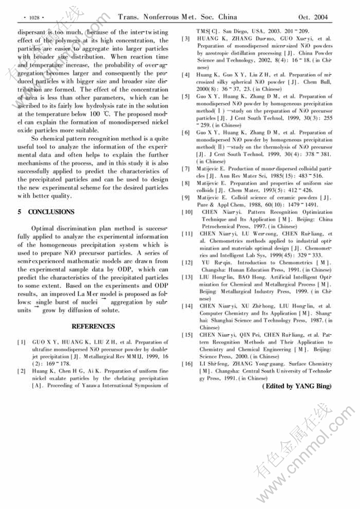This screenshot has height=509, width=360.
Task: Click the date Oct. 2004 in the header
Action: coord(313,17)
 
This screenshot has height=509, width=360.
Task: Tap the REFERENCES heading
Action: coord(93,326)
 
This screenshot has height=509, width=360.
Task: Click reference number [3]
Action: coord(187,39)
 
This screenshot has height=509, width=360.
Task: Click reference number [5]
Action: coord(187,96)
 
